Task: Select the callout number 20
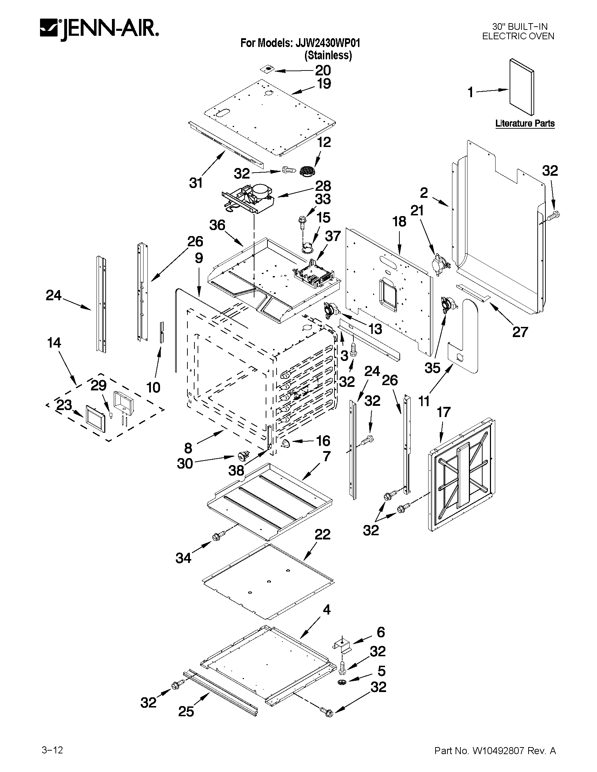point(323,71)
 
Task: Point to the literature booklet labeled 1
point(522,87)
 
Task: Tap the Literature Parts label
point(524,123)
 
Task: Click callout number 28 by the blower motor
point(323,186)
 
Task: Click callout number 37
point(332,236)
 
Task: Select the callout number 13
point(375,329)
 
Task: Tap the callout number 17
point(444,412)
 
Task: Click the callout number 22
point(322,534)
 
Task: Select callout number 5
point(381,671)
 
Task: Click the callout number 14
point(54,343)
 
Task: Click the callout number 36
point(217,225)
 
